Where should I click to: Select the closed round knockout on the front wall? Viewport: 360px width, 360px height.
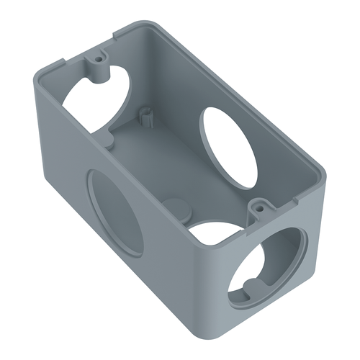[x=115, y=212]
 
